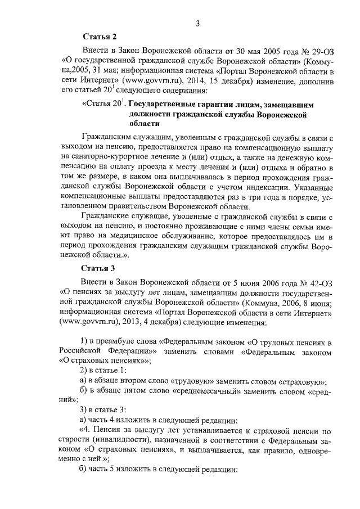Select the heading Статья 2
98,37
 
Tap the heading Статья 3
98,267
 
